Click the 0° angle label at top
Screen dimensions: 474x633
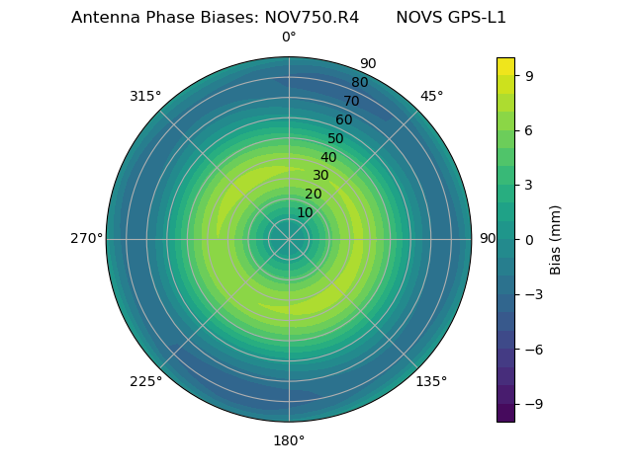[x=289, y=38]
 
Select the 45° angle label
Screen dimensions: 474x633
[x=431, y=96]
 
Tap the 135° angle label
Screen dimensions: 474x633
[x=431, y=381]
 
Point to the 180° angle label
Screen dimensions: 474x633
[x=289, y=440]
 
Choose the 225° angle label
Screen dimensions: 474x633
[x=145, y=381]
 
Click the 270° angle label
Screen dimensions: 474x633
[x=86, y=238]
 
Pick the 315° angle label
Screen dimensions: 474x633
[x=145, y=96]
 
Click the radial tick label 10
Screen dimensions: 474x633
[x=305, y=212]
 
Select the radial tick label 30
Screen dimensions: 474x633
[x=320, y=175]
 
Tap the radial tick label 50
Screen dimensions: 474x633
[x=336, y=138]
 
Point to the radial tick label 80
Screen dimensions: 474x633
[x=360, y=82]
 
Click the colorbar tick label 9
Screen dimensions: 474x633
[x=530, y=74]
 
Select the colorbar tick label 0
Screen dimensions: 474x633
[x=530, y=239]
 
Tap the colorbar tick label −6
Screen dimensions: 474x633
[x=534, y=349]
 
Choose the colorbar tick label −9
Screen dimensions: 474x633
[x=534, y=404]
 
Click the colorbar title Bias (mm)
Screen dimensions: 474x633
[x=556, y=239]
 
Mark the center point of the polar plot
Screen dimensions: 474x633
[x=289, y=239]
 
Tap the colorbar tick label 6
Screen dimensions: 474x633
[x=530, y=129]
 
